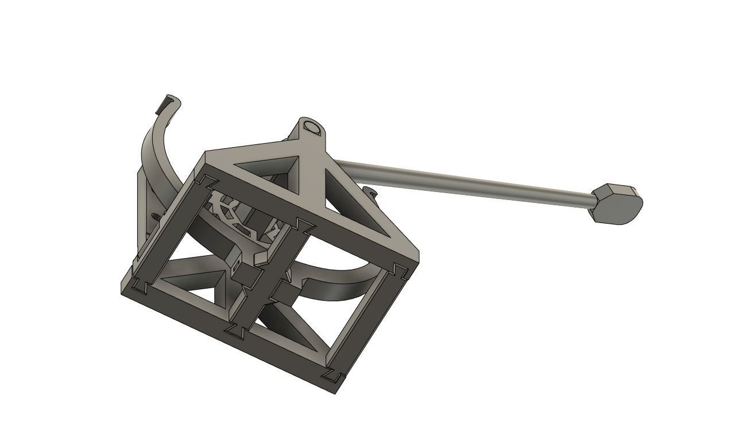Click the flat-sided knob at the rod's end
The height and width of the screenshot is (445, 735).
pos(616,204)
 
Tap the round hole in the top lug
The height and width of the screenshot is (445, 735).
pos(313,127)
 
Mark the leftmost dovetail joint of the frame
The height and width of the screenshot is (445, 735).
pos(138,283)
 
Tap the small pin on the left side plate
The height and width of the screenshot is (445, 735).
pos(156,216)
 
